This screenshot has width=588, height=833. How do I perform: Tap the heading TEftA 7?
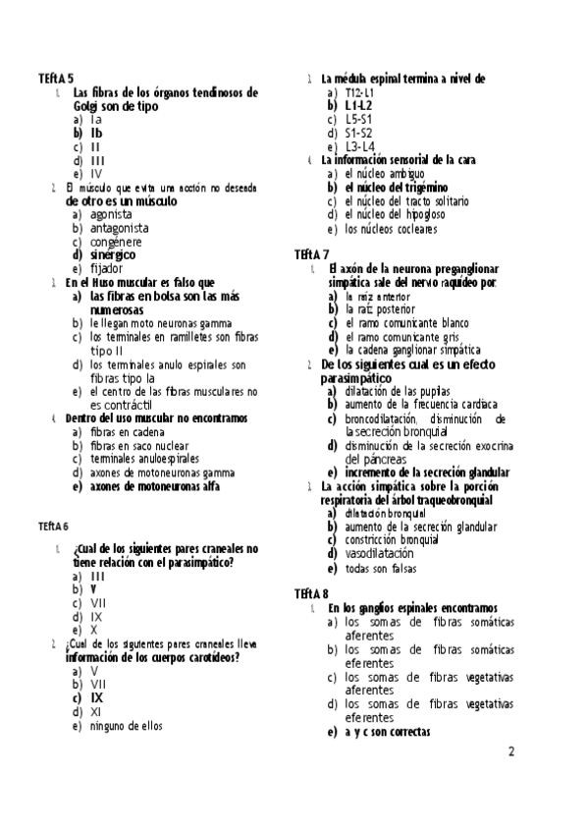click(311, 253)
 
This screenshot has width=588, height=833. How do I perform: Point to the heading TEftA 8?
click(311, 593)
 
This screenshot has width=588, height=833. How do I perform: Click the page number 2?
click(510, 752)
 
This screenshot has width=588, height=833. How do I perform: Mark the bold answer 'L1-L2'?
click(359, 105)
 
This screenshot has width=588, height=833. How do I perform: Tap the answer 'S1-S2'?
click(359, 133)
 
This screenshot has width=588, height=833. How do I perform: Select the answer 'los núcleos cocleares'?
click(392, 229)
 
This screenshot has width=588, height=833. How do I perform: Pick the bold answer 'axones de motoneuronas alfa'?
click(155, 485)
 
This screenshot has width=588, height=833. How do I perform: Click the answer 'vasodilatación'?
click(380, 553)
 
